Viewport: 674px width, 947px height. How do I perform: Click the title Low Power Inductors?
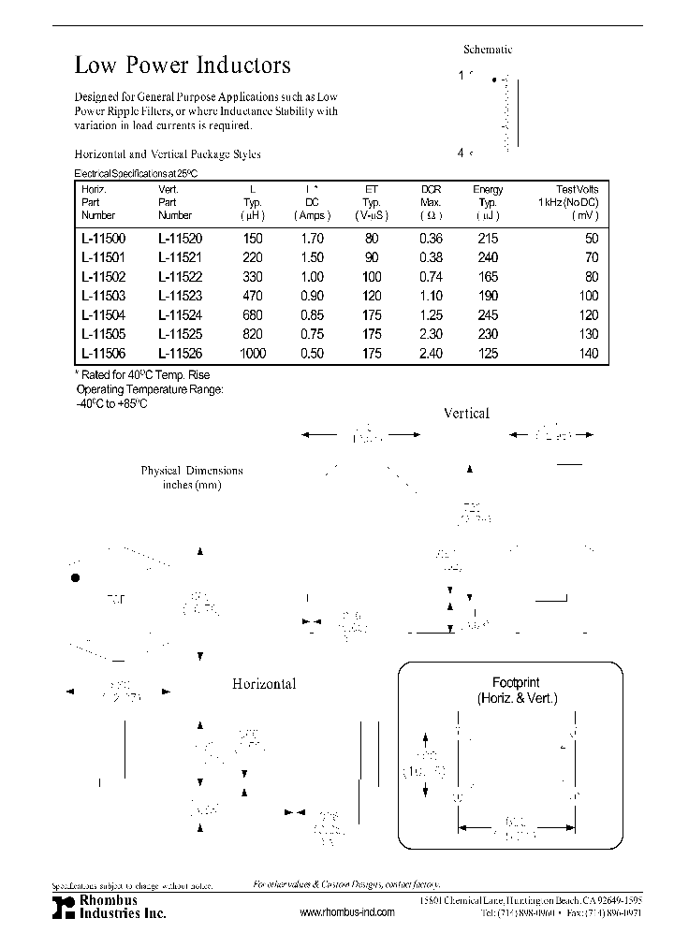[x=183, y=66]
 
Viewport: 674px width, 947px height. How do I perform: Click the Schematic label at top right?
[x=488, y=50]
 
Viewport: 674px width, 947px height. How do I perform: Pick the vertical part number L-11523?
[x=180, y=296]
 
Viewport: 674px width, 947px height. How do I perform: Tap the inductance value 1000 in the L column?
[x=252, y=354]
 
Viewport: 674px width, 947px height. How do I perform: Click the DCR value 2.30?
[x=431, y=334]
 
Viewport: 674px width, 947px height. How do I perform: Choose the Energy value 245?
[x=487, y=315]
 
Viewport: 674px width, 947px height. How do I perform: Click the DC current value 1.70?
[x=312, y=239]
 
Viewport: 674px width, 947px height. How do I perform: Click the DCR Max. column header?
[x=431, y=202]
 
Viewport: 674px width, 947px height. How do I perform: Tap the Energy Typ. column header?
[x=487, y=202]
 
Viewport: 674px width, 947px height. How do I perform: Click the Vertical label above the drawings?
[x=466, y=413]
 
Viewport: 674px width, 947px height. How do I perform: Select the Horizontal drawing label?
[x=264, y=684]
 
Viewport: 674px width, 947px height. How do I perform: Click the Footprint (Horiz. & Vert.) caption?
[x=516, y=691]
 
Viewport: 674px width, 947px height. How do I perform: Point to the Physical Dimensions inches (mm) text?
[x=192, y=477]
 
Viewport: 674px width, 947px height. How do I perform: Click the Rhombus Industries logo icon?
[x=62, y=906]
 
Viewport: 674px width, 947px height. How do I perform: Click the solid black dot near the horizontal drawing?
[x=76, y=578]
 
